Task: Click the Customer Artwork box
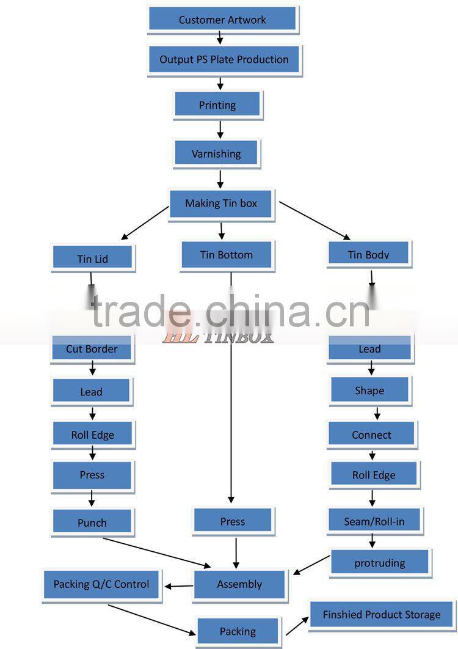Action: click(222, 20)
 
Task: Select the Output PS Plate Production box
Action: click(224, 59)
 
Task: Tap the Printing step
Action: click(217, 105)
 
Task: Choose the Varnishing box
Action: click(216, 153)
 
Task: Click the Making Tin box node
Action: click(221, 204)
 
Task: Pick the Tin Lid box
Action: click(92, 258)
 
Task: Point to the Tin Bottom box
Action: click(226, 255)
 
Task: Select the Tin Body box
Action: click(369, 254)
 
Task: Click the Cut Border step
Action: click(92, 349)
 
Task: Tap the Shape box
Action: click(369, 391)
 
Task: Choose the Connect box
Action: click(371, 435)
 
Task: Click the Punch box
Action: click(92, 522)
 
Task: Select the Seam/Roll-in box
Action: click(374, 521)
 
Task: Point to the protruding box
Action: click(380, 563)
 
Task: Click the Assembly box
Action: click(239, 584)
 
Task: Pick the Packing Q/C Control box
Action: click(101, 584)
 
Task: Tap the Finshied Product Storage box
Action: click(382, 615)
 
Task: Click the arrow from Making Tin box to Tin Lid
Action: click(145, 222)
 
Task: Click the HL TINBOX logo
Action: click(217, 335)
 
